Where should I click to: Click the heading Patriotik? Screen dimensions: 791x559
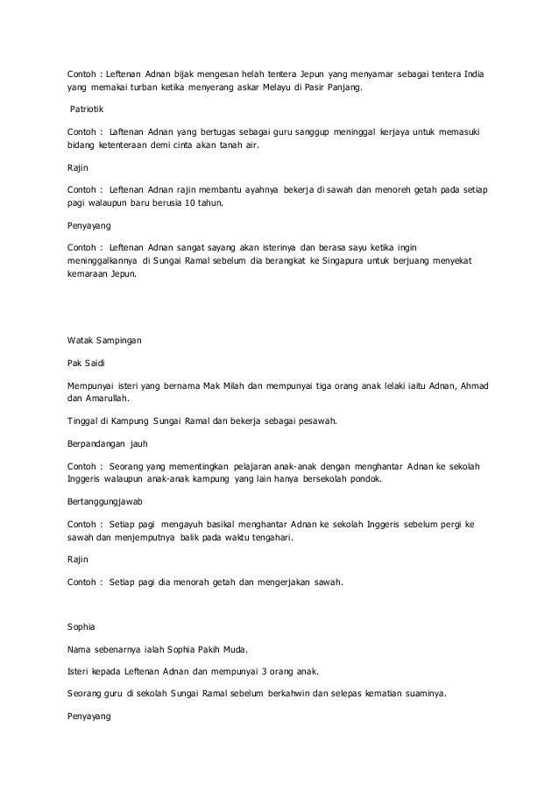coord(88,111)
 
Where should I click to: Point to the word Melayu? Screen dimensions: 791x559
coord(280,88)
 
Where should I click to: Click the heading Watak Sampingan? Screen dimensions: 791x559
coord(103,338)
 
